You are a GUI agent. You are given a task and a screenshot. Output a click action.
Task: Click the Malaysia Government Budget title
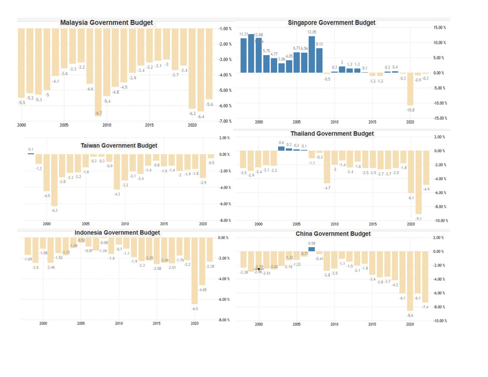[107, 23]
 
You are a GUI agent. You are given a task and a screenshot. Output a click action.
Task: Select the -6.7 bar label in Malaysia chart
[99, 113]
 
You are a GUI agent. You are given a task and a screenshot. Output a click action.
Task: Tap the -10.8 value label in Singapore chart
[410, 110]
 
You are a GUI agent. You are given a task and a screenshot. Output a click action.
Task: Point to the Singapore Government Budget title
[331, 23]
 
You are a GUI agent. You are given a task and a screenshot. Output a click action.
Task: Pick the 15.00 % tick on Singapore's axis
[439, 28]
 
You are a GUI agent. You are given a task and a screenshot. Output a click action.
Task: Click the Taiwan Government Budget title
[119, 146]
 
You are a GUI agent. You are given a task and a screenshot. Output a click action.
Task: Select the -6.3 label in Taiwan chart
[55, 210]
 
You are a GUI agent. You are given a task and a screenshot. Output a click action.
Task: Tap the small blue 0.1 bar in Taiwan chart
[31, 153]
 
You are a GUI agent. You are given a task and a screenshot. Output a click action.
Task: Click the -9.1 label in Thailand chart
[418, 219]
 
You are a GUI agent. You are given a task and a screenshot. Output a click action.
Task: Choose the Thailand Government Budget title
[332, 134]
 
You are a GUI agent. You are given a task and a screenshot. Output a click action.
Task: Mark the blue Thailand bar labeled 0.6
[281, 148]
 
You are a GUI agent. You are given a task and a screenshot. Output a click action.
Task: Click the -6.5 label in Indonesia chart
[195, 309]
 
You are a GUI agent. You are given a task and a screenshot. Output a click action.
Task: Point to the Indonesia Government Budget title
[117, 232]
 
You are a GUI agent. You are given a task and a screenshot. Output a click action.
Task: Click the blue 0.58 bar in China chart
[312, 249]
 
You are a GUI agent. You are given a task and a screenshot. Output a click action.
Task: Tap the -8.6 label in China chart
[410, 315]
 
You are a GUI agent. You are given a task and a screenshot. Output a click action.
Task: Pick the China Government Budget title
[333, 234]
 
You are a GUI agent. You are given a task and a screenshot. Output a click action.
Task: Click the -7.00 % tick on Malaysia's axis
[225, 121]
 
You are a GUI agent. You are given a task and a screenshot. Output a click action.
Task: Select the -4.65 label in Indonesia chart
[203, 289]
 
